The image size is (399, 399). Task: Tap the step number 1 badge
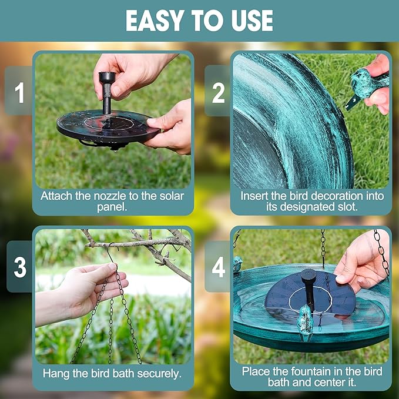point(19,92)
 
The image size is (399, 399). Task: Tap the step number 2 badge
point(218,92)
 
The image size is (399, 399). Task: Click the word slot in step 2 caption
point(358,207)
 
